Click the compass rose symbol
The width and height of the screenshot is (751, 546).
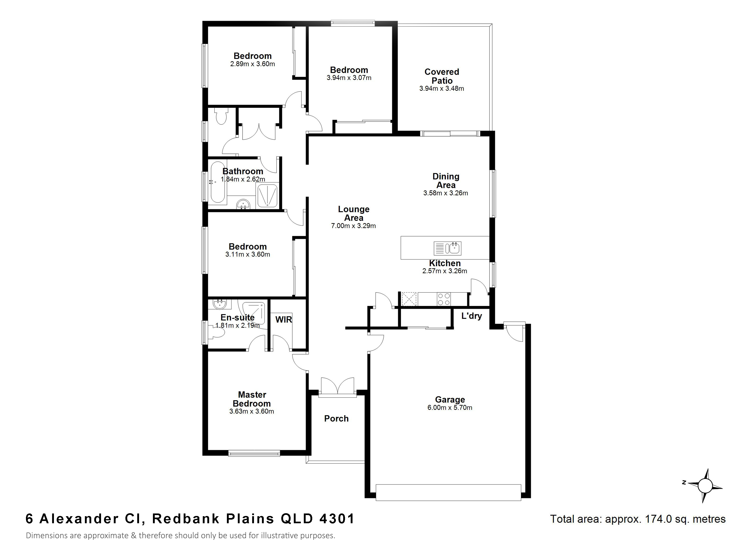(705, 486)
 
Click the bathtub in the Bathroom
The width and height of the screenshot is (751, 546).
(218, 182)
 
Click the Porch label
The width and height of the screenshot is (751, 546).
(336, 419)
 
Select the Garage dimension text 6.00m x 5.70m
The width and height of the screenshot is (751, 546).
(450, 408)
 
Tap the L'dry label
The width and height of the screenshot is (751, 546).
(472, 316)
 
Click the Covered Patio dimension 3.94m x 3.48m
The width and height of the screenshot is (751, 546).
(441, 88)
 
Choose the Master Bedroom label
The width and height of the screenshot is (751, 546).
(252, 399)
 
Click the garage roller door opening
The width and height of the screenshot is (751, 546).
(448, 492)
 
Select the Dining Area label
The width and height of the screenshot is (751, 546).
(446, 181)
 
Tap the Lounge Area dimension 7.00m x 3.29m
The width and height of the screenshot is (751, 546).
(353, 226)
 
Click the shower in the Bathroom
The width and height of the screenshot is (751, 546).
(267, 196)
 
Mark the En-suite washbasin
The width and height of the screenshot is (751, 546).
(219, 304)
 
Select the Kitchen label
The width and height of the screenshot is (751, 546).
(445, 263)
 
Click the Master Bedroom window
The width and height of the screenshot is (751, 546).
(254, 453)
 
